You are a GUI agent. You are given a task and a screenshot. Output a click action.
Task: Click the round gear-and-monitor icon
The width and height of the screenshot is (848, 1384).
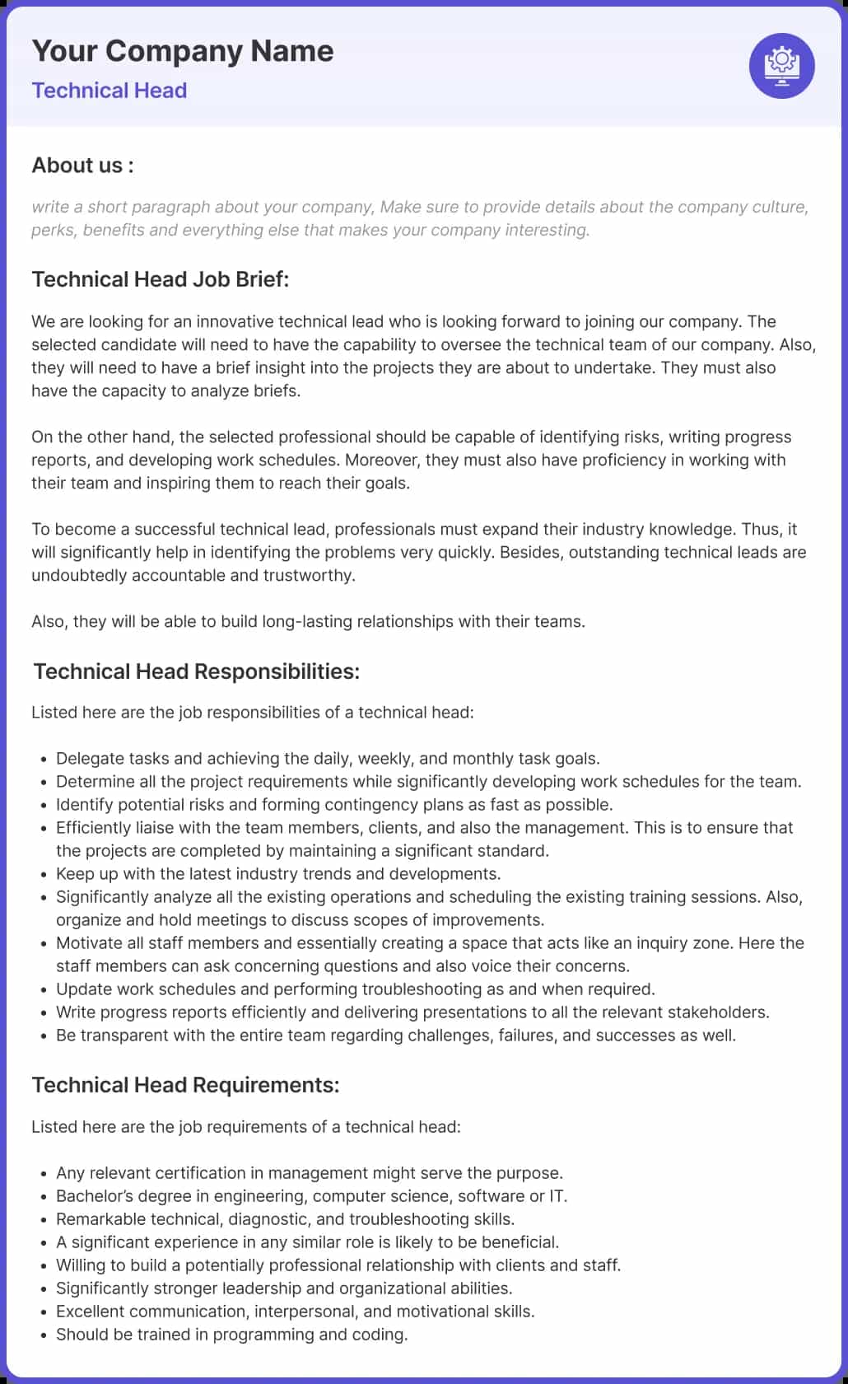[x=781, y=66]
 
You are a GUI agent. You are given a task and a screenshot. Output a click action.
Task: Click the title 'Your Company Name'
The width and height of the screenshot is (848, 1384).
[x=182, y=51]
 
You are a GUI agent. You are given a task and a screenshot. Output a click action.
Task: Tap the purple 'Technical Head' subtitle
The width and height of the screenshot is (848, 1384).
[x=109, y=91]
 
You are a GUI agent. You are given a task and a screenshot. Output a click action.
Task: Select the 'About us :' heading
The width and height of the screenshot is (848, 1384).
[x=82, y=166]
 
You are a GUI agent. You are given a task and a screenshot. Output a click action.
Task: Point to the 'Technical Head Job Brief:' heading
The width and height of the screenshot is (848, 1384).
[x=161, y=279]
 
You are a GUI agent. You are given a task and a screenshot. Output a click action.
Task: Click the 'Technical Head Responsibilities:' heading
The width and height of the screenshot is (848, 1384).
[x=196, y=671]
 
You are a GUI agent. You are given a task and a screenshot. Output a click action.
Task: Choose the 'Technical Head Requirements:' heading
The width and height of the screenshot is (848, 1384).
[x=185, y=1085]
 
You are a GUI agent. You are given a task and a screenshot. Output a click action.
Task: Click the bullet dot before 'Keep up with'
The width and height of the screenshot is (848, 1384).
[x=44, y=874]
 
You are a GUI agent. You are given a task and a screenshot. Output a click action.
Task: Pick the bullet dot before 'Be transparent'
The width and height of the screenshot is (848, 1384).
[x=44, y=1036]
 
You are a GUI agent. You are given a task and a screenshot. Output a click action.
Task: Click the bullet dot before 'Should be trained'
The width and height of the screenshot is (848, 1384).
[x=44, y=1335]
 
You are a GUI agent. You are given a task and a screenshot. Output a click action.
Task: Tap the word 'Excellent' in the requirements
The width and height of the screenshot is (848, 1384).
[x=90, y=1311]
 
